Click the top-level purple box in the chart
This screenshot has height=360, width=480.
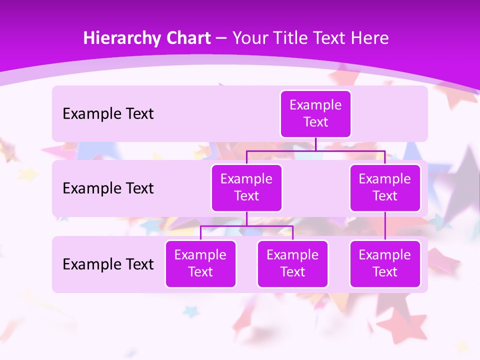(x=315, y=113)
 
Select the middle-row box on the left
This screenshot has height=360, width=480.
(x=246, y=187)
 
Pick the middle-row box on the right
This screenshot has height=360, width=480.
(x=385, y=187)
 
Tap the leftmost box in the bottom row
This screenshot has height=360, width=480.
(x=200, y=263)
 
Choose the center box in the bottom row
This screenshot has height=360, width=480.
(x=292, y=263)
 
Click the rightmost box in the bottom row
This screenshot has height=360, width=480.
(x=385, y=263)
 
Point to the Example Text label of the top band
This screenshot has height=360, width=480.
(x=108, y=114)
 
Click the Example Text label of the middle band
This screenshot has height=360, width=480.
(x=108, y=188)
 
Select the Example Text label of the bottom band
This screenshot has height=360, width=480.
(x=108, y=264)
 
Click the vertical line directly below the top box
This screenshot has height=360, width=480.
(x=315, y=144)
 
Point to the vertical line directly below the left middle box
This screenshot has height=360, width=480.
(x=246, y=218)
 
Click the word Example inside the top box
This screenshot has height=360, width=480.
(x=315, y=105)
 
